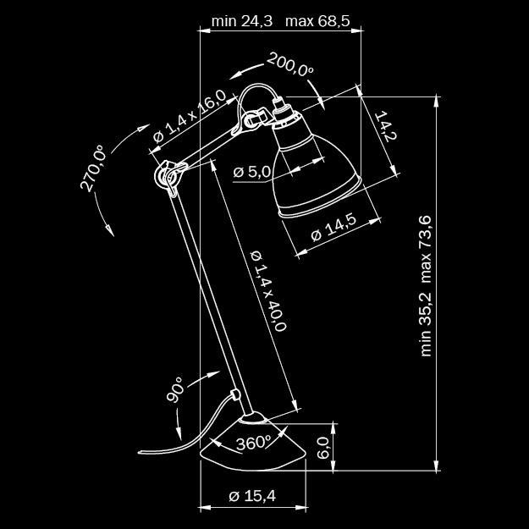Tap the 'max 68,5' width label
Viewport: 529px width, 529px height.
[317, 20]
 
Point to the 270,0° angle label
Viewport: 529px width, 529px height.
[93, 168]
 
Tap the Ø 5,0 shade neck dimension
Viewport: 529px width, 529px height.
[251, 172]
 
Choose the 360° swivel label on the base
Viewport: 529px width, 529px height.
[253, 443]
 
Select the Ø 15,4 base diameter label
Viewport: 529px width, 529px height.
[252, 496]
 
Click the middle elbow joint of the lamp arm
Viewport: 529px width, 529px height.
[167, 175]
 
